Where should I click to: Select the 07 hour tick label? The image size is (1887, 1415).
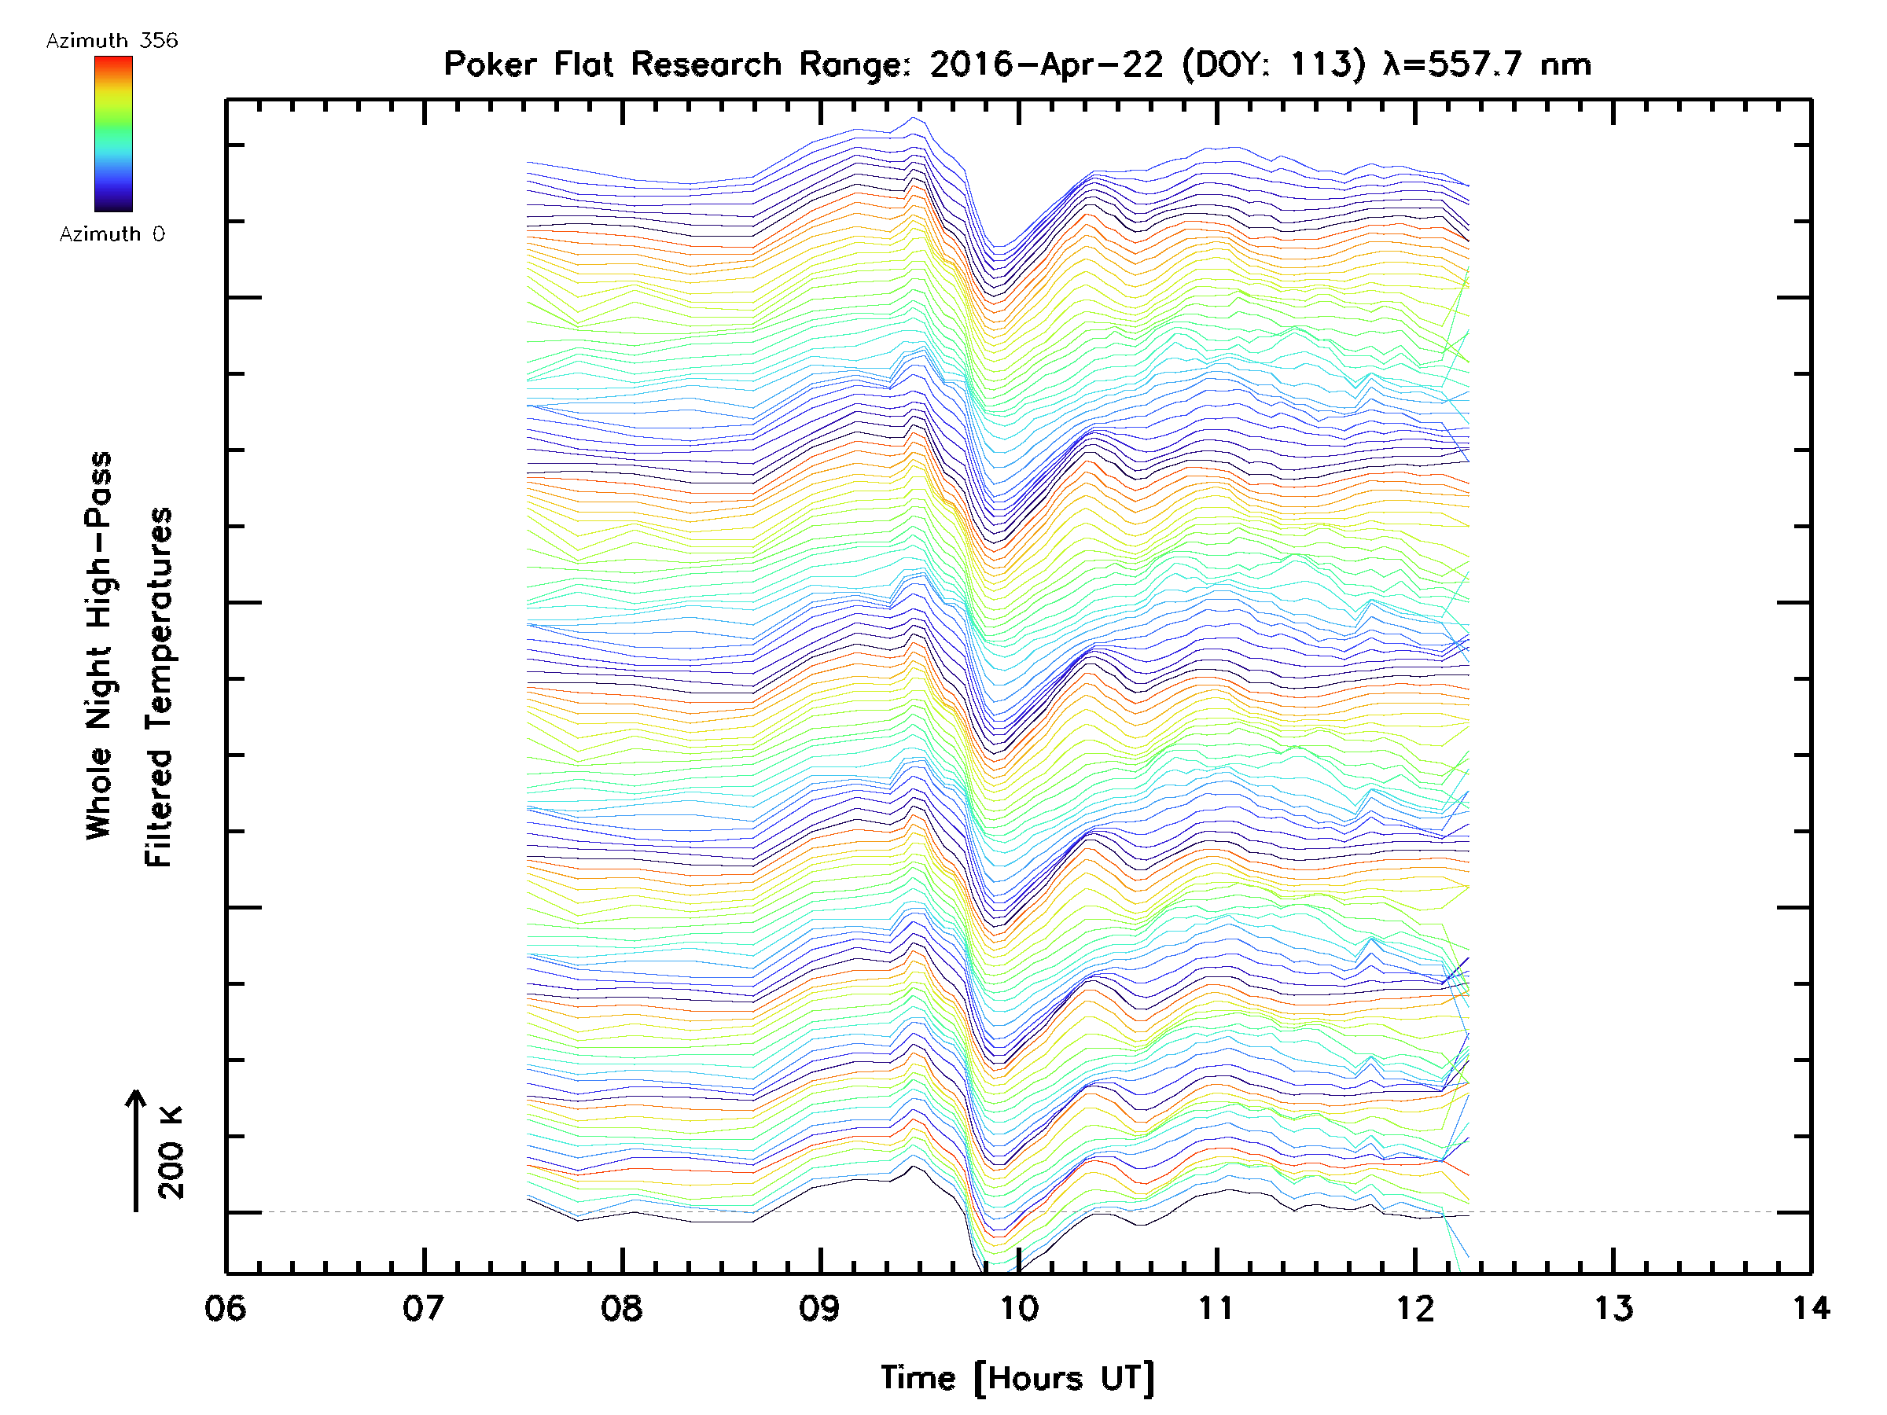coord(423,1307)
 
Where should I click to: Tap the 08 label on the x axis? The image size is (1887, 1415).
coord(622,1307)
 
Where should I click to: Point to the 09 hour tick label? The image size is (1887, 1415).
coord(820,1307)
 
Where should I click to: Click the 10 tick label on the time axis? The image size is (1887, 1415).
coord(1017,1307)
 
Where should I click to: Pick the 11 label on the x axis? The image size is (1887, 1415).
coord(1216,1307)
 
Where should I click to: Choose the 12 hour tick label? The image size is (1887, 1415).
coord(1415,1307)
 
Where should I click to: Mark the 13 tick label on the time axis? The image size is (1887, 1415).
coord(1613,1307)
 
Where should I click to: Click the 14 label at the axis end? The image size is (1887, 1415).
coord(1810,1307)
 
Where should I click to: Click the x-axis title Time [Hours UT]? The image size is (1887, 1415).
coord(1017,1378)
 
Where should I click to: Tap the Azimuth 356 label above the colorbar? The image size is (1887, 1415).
coord(112,41)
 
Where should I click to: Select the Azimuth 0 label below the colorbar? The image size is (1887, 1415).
coord(112,233)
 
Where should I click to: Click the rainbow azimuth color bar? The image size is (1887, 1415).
coord(113,134)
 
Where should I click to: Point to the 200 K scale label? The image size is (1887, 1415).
coord(171,1152)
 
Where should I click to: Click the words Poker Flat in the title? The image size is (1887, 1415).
coord(528,64)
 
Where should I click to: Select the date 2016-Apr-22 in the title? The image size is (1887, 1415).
coord(1046,64)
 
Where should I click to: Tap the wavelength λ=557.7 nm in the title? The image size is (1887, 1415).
coord(1487,64)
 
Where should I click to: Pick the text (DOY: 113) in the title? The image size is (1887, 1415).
coord(1274,64)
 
